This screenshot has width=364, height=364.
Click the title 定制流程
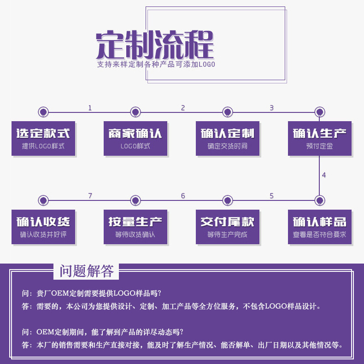pos(155,44)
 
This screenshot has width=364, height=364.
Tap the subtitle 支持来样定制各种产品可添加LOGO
pos(156,65)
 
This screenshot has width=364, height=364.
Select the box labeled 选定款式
pos(43,138)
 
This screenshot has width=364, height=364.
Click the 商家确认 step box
pos(135,138)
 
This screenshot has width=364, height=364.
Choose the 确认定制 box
pos(228,138)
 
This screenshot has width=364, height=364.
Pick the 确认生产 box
pos(320,138)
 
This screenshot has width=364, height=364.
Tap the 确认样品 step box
pos(320,227)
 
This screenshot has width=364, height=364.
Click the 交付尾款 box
pos(228,227)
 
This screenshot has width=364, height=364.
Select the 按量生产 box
pos(135,227)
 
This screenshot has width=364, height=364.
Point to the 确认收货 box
pos(43,227)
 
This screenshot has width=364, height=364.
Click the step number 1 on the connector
pos(90,108)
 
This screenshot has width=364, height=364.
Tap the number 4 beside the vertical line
pos(324,175)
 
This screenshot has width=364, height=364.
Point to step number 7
pos(90,196)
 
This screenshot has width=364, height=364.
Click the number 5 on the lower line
pos(271,196)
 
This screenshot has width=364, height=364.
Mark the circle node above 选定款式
pos(43,112)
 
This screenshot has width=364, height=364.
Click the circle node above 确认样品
pos(320,200)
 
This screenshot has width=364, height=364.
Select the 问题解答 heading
pos(86,271)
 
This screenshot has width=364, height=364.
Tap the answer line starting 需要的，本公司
pos(171,306)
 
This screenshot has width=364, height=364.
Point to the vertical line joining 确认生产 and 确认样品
pos(319,177)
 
